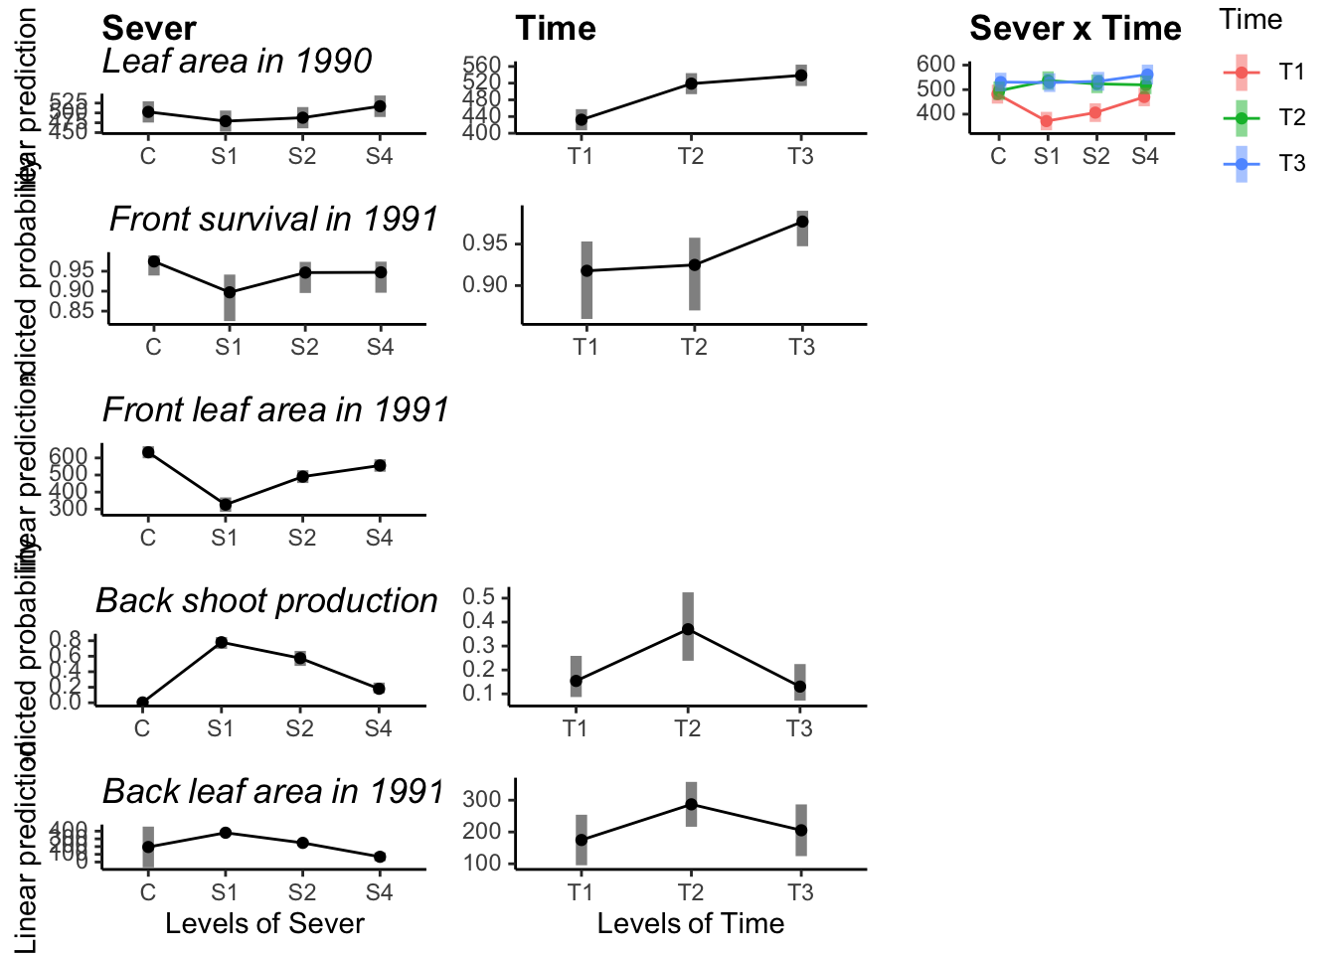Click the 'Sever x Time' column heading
pyautogui.click(x=1076, y=29)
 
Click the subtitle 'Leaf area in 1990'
pyautogui.click(x=237, y=62)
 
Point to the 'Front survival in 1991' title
pyautogui.click(x=273, y=220)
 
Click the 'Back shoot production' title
pyautogui.click(x=266, y=601)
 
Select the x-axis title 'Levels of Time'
pyautogui.click(x=690, y=924)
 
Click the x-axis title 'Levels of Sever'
pyautogui.click(x=264, y=924)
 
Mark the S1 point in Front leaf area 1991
pyautogui.click(x=226, y=505)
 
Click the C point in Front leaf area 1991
pyautogui.click(x=148, y=452)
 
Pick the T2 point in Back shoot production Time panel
pyautogui.click(x=688, y=629)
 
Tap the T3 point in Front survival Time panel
pyautogui.click(x=802, y=222)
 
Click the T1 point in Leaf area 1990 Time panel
pyautogui.click(x=582, y=120)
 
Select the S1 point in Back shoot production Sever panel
pyautogui.click(x=222, y=642)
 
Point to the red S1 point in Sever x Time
pyautogui.click(x=1047, y=121)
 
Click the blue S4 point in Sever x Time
pyautogui.click(x=1147, y=75)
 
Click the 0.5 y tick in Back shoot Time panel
pyautogui.click(x=480, y=597)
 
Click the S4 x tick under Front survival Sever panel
pyautogui.click(x=380, y=348)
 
